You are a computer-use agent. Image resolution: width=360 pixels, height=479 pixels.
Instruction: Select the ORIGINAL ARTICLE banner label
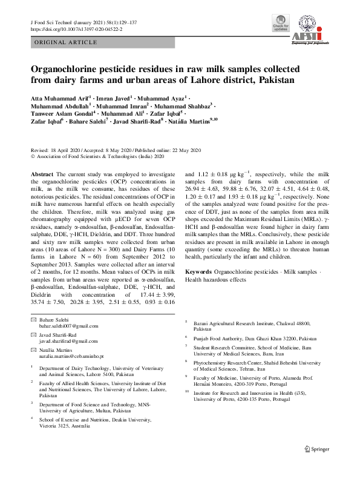pos(65,42)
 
